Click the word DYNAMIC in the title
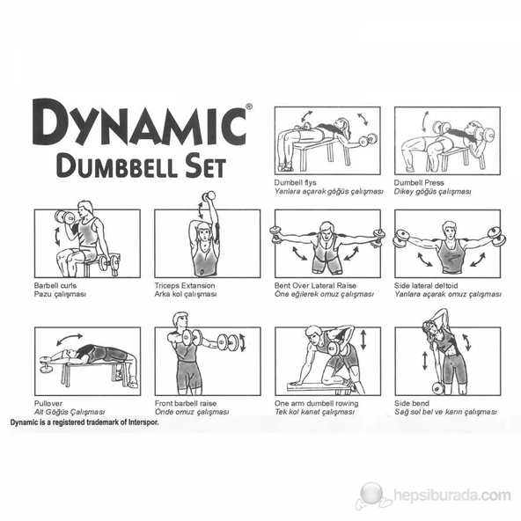click(139, 122)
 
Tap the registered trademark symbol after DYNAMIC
click(249, 106)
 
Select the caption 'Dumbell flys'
click(295, 182)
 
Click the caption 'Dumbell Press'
click(419, 182)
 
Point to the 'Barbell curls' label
click(55, 285)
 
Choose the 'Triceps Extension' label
click(185, 285)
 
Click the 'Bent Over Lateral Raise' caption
click(315, 285)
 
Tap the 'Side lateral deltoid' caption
click(426, 285)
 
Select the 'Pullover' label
click(48, 403)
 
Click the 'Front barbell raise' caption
click(186, 403)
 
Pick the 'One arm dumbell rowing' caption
click(316, 403)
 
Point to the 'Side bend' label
click(412, 403)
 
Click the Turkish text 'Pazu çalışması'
click(60, 294)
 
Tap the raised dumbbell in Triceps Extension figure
click(209, 195)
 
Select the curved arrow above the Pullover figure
click(70, 338)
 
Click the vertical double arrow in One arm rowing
click(363, 339)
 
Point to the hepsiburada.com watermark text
click(451, 495)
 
